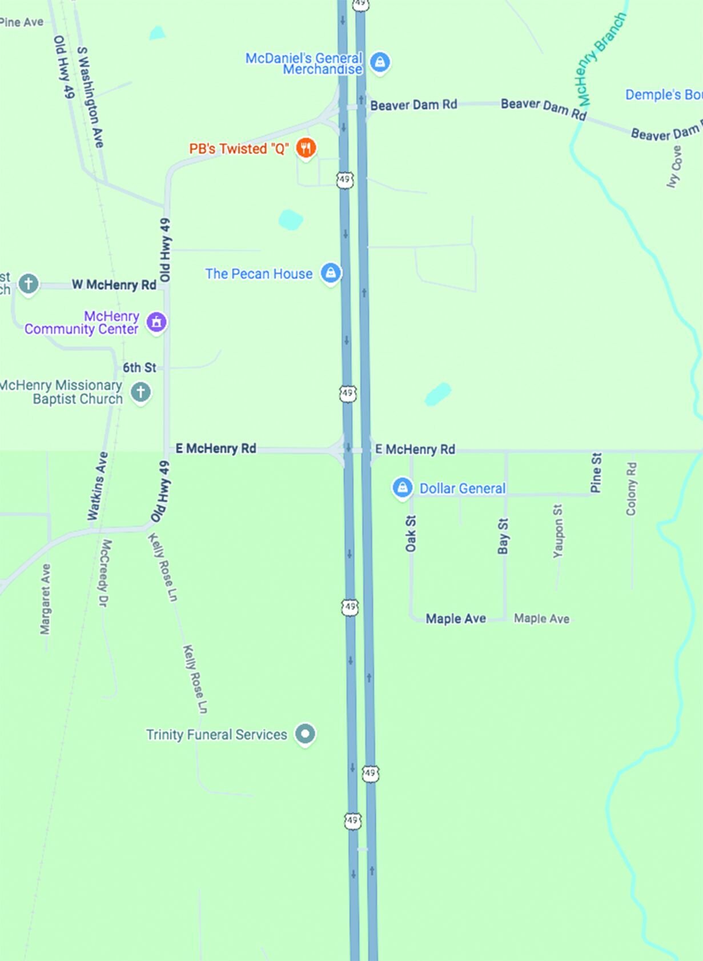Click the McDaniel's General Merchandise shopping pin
click(x=380, y=61)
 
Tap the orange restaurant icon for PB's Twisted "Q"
click(x=306, y=148)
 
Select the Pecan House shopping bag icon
click(x=331, y=273)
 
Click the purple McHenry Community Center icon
click(x=156, y=322)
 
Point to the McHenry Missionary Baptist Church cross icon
click(x=140, y=392)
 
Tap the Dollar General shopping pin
click(x=403, y=487)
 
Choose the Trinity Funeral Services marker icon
click(x=305, y=733)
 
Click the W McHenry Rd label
click(x=114, y=285)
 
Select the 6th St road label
click(x=139, y=367)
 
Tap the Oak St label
click(x=411, y=534)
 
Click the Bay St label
click(x=503, y=536)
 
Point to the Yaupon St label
click(x=558, y=531)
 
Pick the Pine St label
click(x=596, y=473)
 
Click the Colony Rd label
click(x=631, y=488)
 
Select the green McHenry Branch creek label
click(x=602, y=59)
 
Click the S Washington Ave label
click(x=91, y=97)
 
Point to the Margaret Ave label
click(x=46, y=599)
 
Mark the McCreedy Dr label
click(x=105, y=573)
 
